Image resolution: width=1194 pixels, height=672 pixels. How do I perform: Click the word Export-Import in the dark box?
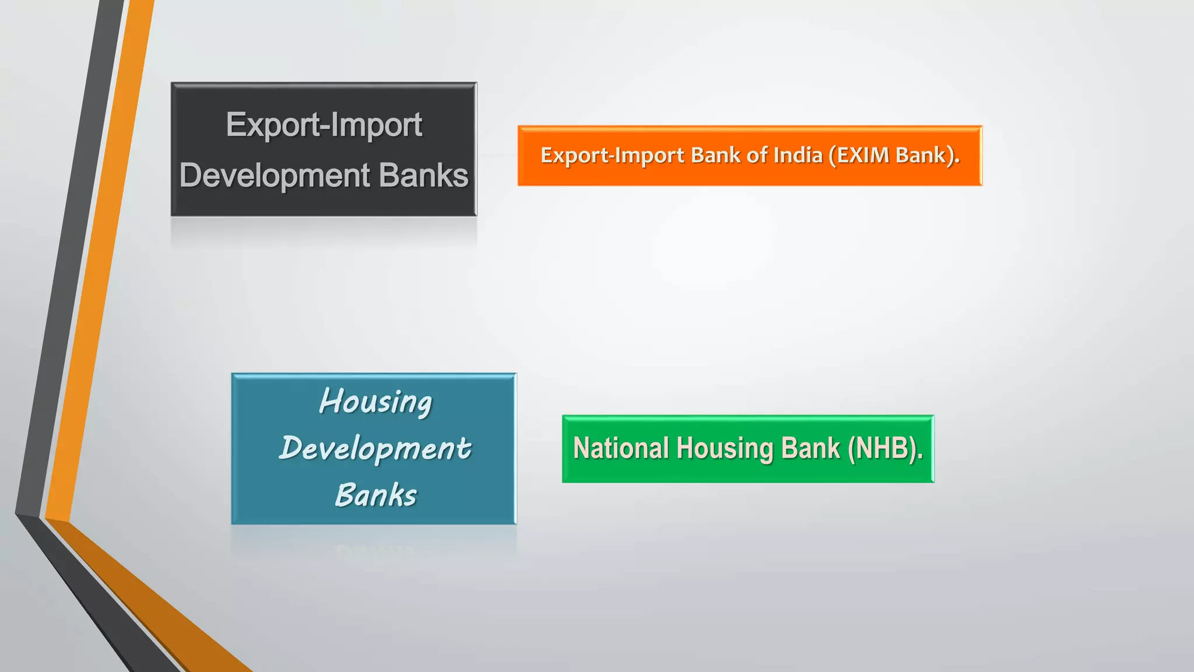point(324,125)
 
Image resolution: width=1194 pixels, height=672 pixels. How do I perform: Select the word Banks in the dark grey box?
point(423,176)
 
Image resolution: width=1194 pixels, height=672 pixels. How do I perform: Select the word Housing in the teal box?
point(375,402)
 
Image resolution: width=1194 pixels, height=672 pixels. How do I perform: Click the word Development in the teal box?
point(375,449)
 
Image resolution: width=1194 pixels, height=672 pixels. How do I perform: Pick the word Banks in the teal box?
point(376,495)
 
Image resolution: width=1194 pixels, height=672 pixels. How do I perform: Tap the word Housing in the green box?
point(725,449)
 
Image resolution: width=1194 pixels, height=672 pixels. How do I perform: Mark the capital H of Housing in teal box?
point(329,401)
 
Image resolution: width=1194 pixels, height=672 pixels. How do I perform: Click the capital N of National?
point(581,449)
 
